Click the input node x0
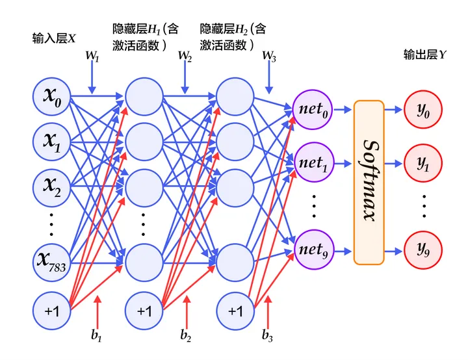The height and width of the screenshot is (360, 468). coord(52,97)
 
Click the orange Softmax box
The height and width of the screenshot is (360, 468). coord(369,182)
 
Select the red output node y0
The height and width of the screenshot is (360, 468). coord(424,110)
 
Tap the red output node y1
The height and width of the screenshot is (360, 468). coord(424,163)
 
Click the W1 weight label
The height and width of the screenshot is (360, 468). coord(92,57)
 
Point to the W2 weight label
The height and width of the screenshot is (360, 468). coord(185,57)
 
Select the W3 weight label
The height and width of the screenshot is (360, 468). coord(269,57)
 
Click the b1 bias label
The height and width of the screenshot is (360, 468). coord(97,337)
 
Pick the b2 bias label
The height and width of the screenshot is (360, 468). coord(187,337)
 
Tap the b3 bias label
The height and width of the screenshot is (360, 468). coord(267,337)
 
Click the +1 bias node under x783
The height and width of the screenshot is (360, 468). coord(52,311)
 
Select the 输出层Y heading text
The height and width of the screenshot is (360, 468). coord(424,56)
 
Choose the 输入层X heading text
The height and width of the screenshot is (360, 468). coord(54,38)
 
